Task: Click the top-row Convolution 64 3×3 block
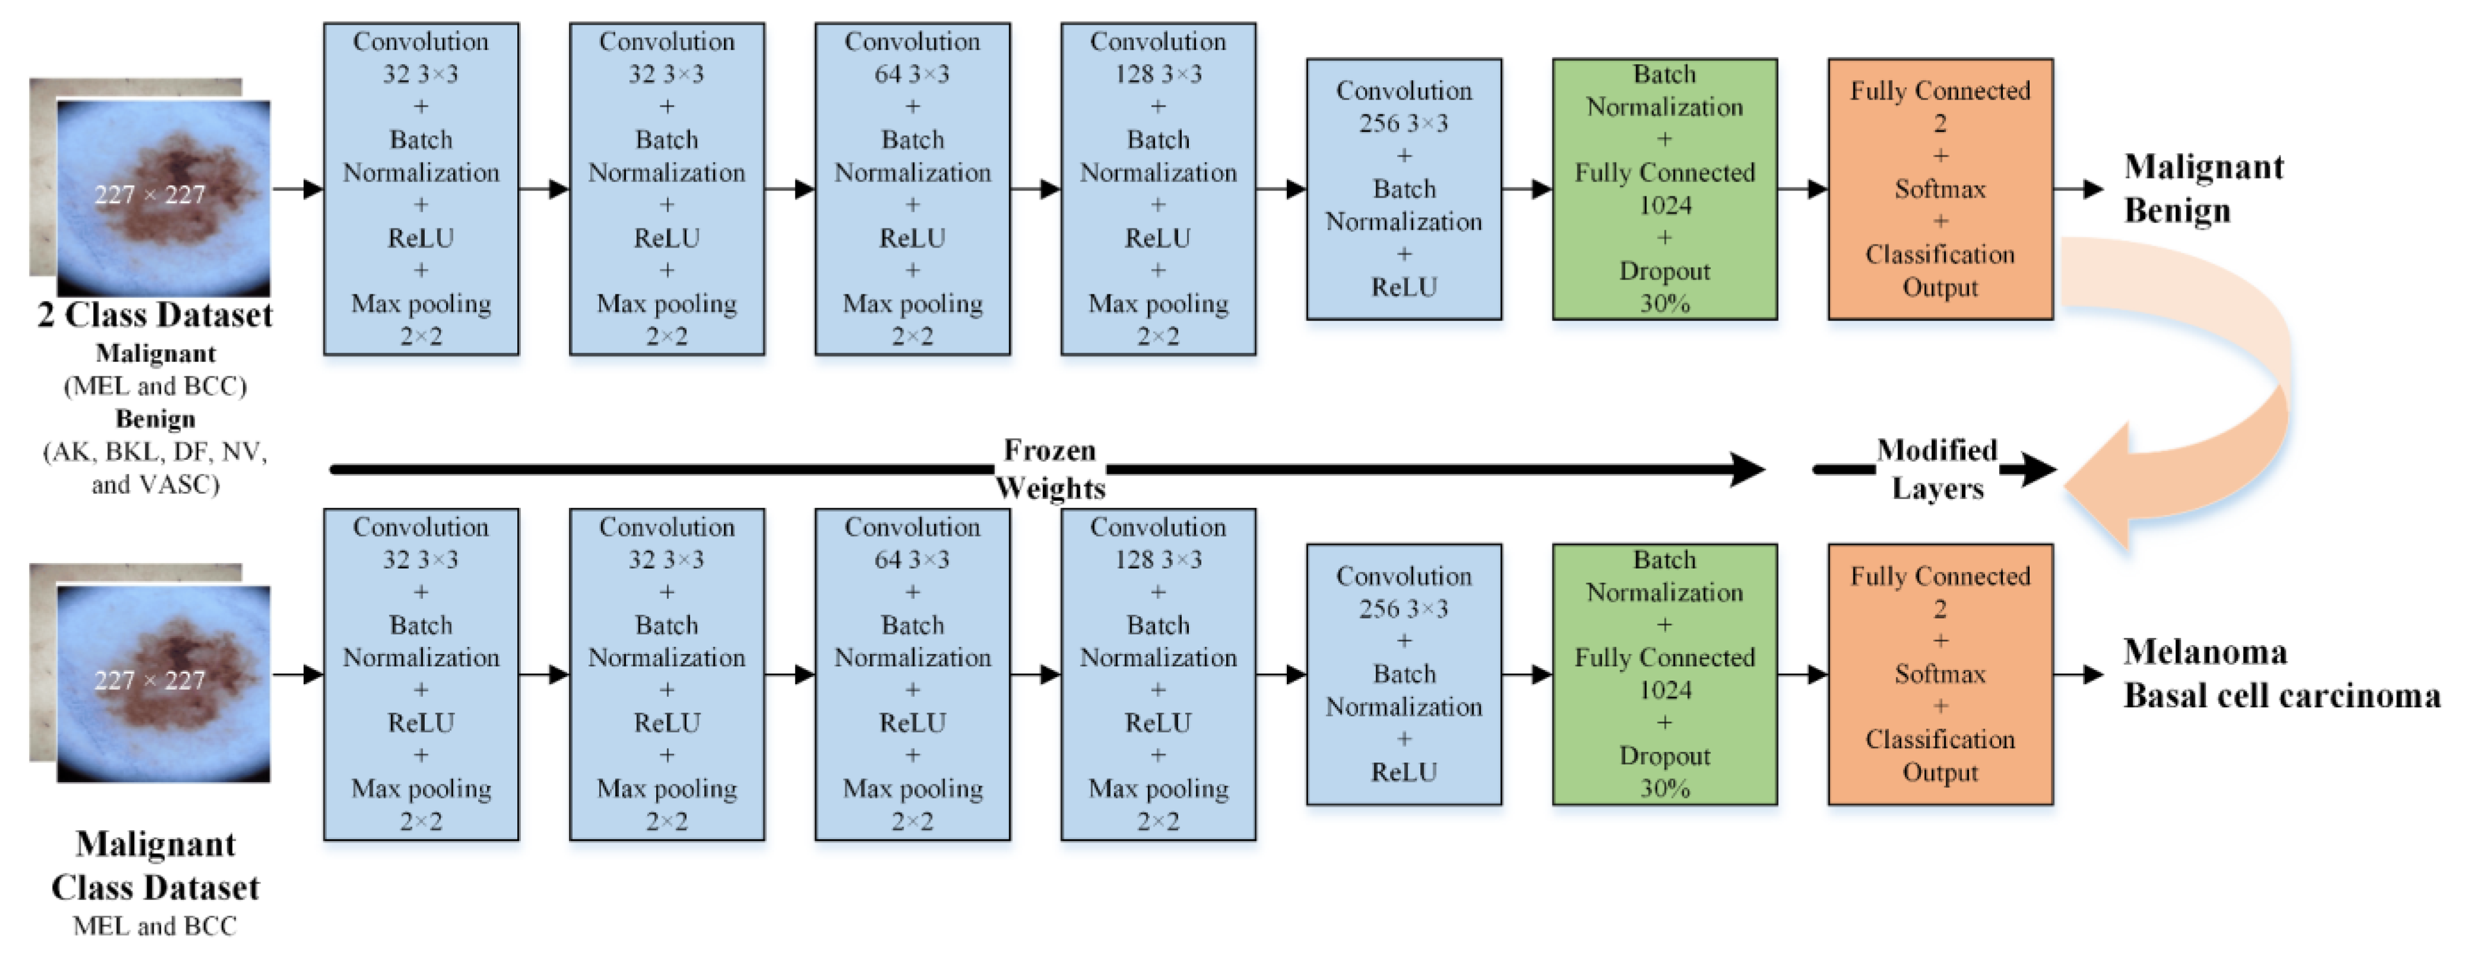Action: [912, 189]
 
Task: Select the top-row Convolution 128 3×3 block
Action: [1158, 189]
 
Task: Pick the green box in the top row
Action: [1664, 189]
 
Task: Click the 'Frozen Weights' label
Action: [1049, 469]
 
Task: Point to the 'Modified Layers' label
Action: [1937, 469]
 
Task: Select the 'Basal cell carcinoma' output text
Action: [2281, 695]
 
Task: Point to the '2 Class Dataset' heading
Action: [155, 315]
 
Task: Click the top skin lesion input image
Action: [163, 196]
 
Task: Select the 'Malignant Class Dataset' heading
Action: [155, 865]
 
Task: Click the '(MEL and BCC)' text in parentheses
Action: [155, 386]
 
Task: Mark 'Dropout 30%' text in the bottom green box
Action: [1664, 771]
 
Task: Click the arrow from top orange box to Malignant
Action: [2078, 189]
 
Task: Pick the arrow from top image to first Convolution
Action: [298, 189]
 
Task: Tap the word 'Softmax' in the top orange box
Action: [1939, 189]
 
